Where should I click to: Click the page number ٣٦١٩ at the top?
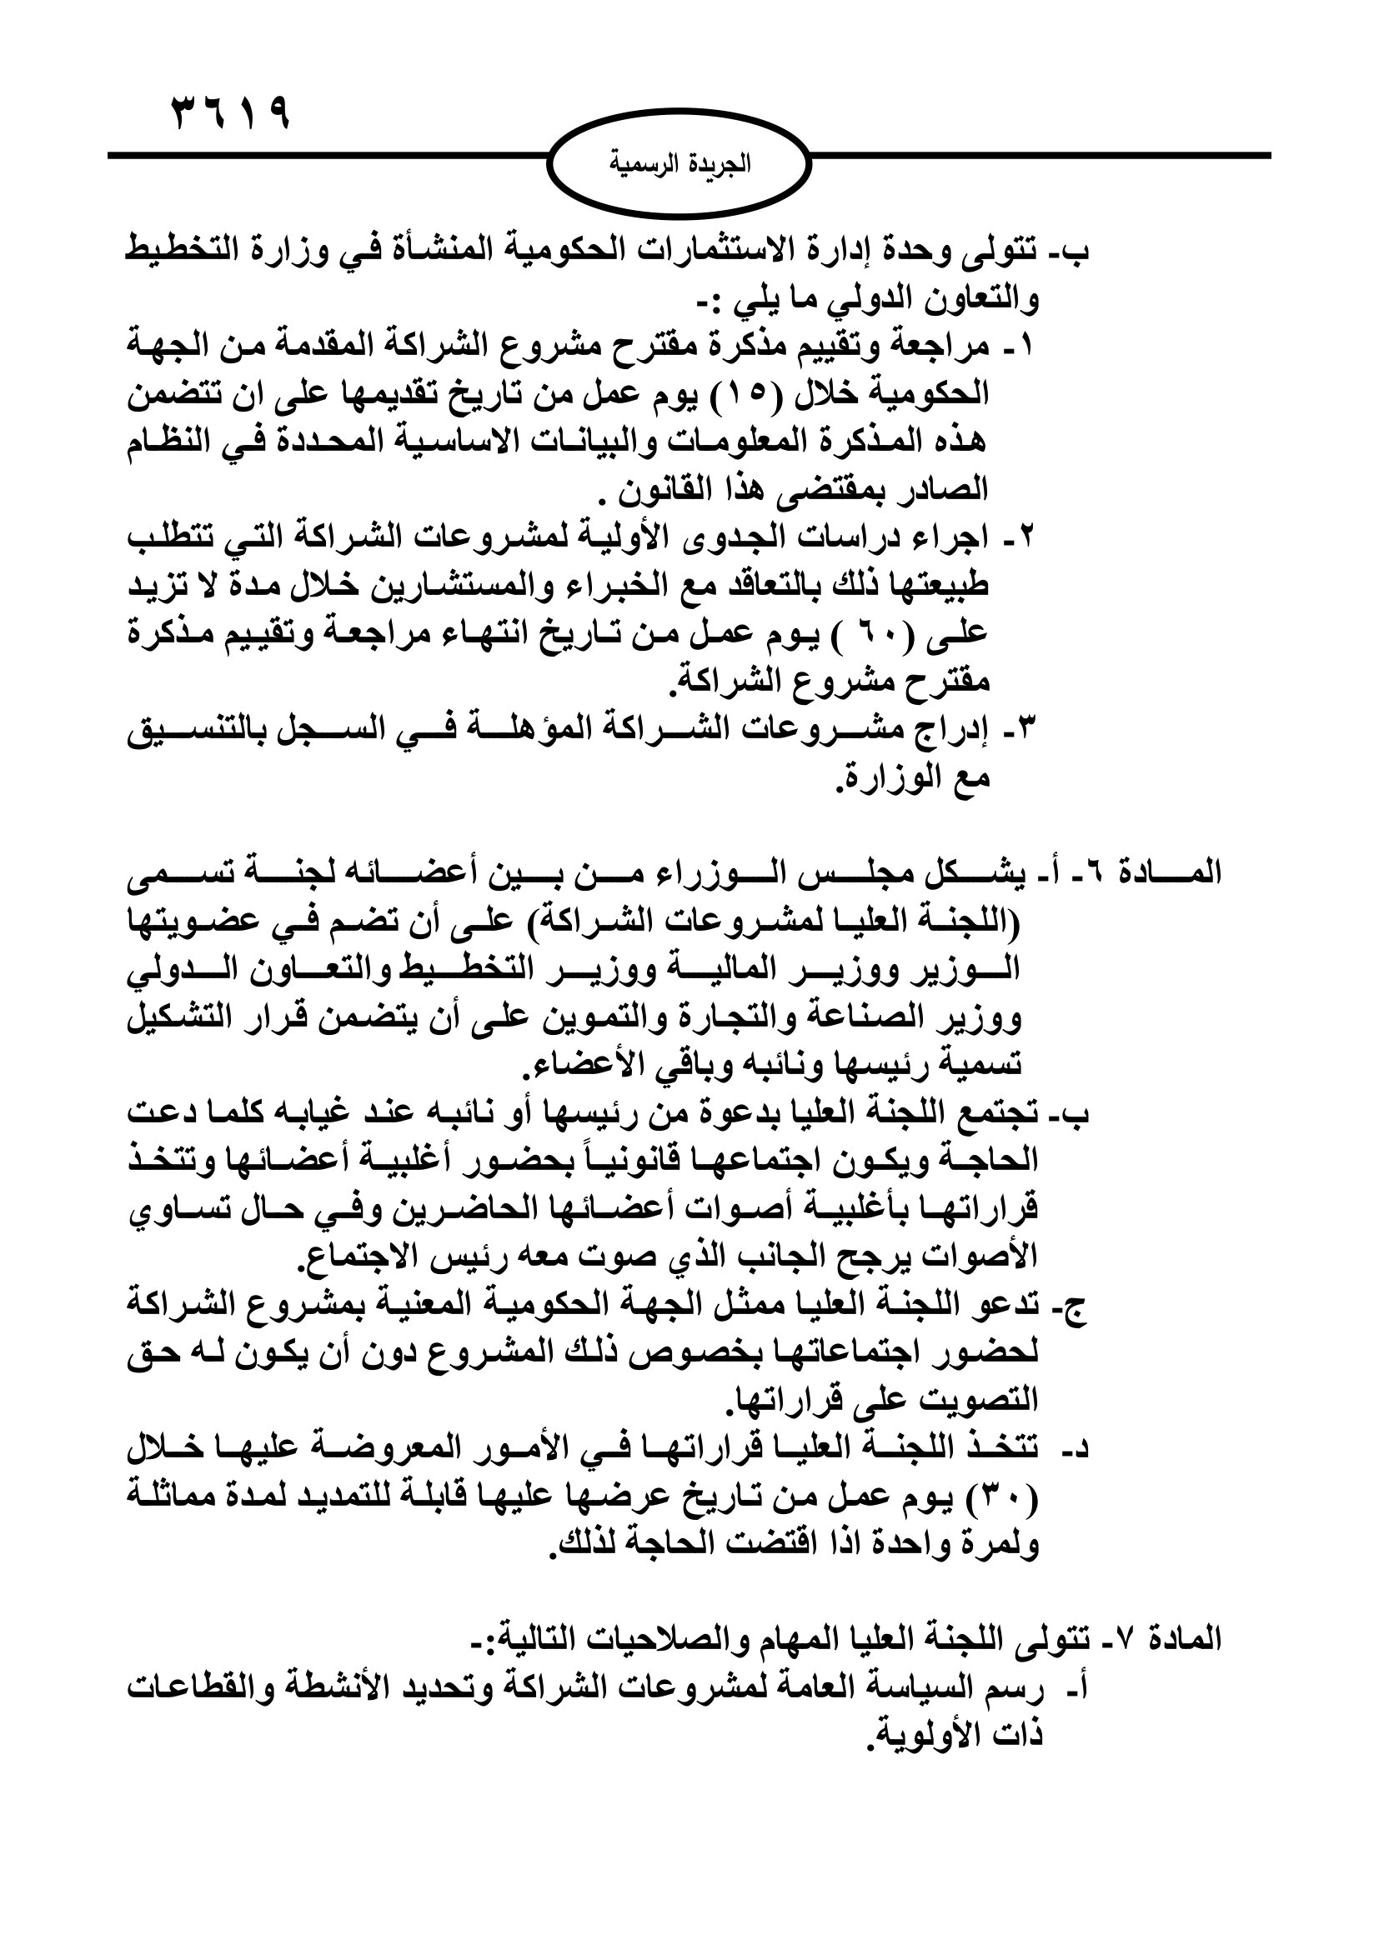click(x=231, y=112)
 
